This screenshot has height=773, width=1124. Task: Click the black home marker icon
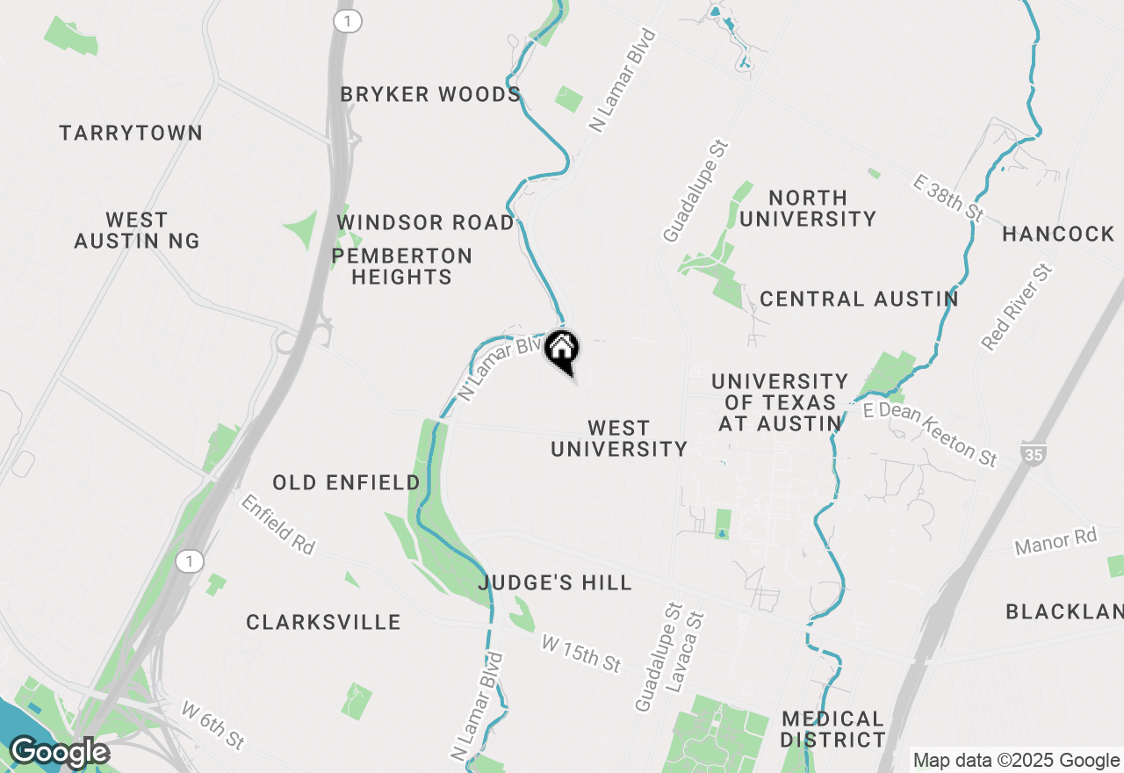[x=562, y=350]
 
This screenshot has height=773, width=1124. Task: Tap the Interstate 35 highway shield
[x=1033, y=454]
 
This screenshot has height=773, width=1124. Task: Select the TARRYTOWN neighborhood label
[x=131, y=133]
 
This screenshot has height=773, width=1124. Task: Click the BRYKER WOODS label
[x=430, y=94]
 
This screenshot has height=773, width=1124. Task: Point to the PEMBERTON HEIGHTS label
[x=401, y=266]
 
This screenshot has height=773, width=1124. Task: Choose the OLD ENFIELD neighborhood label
[x=346, y=482]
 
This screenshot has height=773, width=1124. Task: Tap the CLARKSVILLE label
[x=323, y=622]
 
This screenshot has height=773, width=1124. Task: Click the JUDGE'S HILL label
[x=555, y=582]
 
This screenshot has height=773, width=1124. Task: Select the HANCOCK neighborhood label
[x=1058, y=234]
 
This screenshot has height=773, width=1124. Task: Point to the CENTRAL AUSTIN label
[x=859, y=299]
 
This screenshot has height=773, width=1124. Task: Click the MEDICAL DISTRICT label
[x=832, y=729]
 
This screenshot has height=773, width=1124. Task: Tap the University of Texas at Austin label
[x=779, y=402]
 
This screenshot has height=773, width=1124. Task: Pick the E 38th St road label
[x=948, y=198]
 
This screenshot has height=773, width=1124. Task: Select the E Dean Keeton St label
[x=931, y=434]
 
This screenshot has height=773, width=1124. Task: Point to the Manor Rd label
[x=1056, y=542]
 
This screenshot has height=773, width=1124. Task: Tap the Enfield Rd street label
[x=277, y=524]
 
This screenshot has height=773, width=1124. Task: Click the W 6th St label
[x=213, y=725]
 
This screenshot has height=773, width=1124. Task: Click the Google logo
[x=59, y=753]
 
